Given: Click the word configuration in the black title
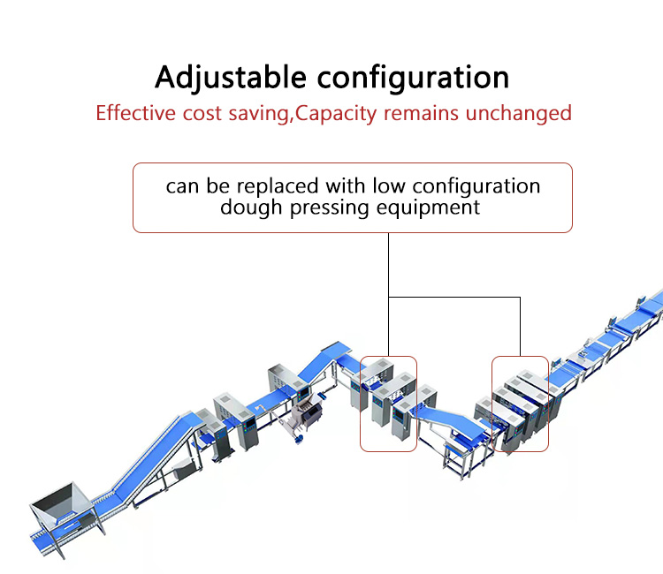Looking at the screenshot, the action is click(414, 78).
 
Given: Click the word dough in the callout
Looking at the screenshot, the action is click(248, 208).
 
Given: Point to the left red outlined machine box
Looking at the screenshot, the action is click(388, 404).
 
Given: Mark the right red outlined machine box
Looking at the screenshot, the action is click(520, 404).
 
